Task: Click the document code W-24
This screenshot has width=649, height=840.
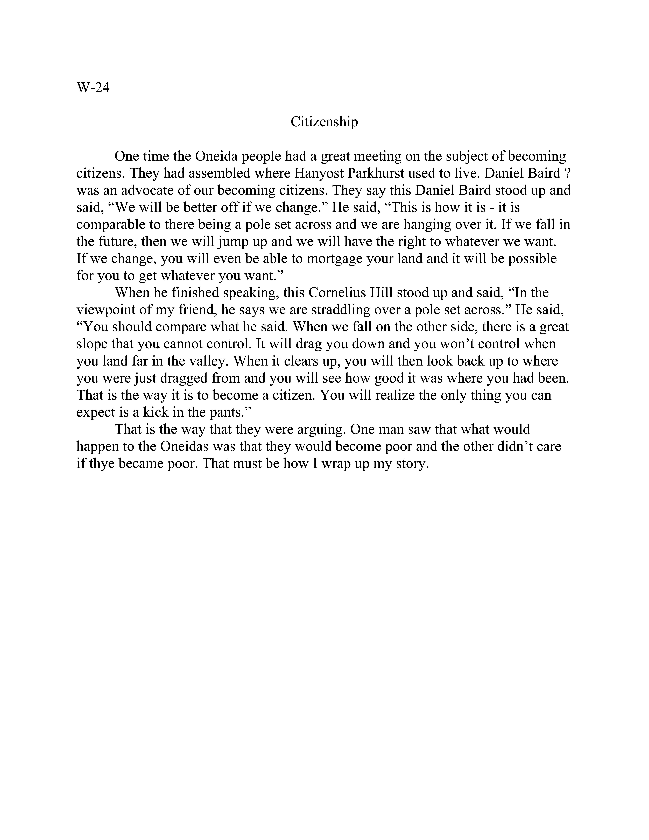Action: click(x=93, y=88)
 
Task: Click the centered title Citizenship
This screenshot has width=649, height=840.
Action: click(x=324, y=122)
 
